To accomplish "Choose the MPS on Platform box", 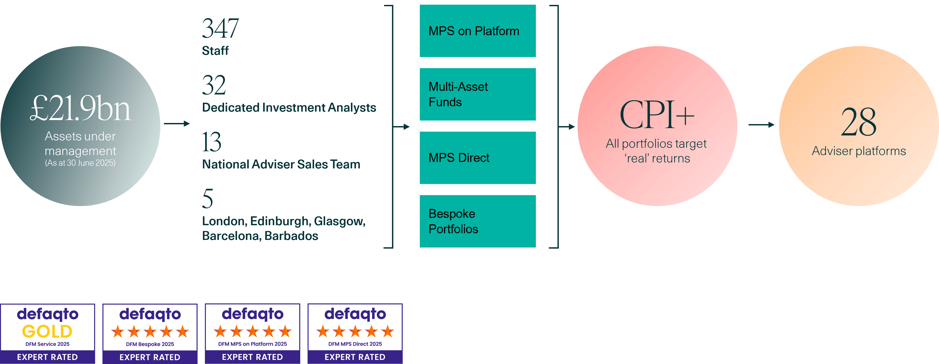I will [478, 31].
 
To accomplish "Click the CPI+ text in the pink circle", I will [657, 115].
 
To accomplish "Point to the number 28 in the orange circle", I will [858, 122].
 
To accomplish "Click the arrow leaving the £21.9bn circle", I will [177, 124].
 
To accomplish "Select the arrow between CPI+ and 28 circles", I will [761, 125].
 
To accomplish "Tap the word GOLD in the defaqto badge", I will [47, 331].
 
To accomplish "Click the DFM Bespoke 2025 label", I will [150, 344].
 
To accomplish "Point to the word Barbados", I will [291, 236].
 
